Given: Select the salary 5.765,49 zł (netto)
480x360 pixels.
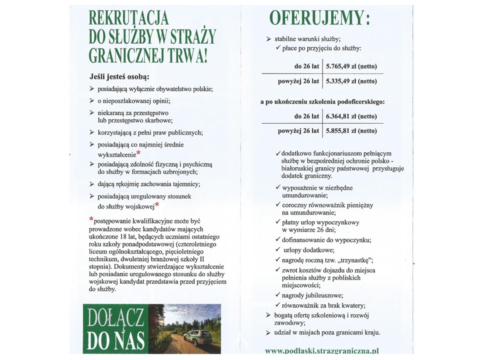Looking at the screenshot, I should [351, 66].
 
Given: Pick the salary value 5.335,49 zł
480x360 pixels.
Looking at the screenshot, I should [351, 81].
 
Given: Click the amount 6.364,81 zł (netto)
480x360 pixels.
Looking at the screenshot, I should [351, 116].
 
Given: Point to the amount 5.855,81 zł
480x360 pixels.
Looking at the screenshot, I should [351, 131].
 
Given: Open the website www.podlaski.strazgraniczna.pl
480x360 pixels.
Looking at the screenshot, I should [321, 351].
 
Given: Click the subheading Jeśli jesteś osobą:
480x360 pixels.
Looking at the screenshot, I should [119, 77].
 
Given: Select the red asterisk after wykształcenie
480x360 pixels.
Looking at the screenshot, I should [138, 153].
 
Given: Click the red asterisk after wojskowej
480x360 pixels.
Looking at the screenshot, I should [157, 205].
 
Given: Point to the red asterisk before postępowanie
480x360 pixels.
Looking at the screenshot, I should [91, 219].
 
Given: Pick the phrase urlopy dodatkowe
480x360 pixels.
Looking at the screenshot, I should [308, 249].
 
